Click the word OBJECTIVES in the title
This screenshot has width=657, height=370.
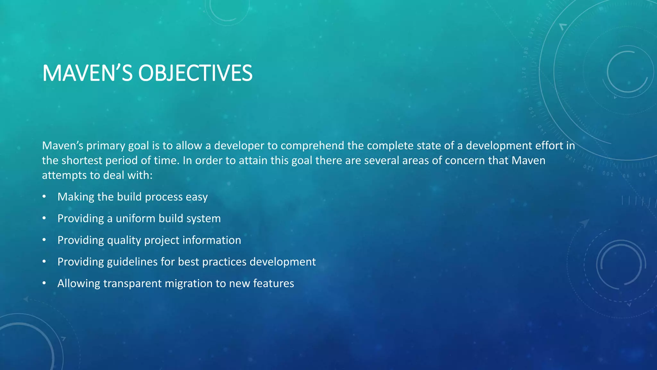pyautogui.click(x=195, y=73)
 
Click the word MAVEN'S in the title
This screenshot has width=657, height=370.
pyautogui.click(x=87, y=73)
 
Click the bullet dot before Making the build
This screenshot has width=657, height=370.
pyautogui.click(x=44, y=196)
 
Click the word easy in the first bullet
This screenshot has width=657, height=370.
pyautogui.click(x=197, y=197)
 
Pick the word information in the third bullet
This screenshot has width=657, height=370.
pyautogui.click(x=212, y=240)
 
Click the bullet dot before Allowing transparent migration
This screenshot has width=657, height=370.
pyautogui.click(x=44, y=283)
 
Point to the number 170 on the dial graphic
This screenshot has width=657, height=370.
pyautogui.click(x=524, y=73)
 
